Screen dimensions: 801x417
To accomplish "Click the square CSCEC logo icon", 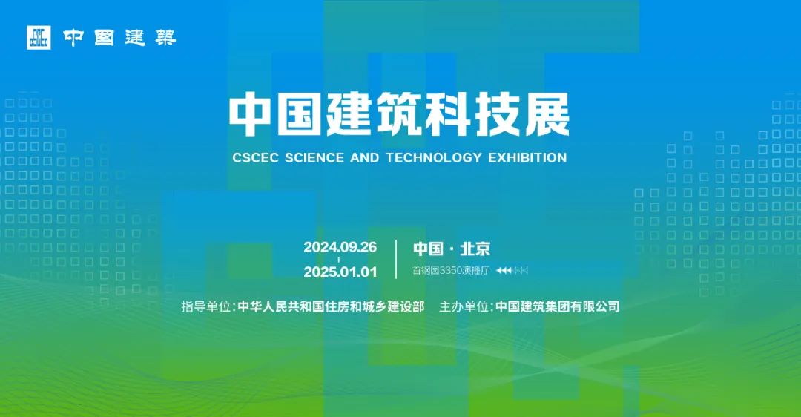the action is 39,37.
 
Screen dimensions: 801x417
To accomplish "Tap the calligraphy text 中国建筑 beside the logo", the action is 119,38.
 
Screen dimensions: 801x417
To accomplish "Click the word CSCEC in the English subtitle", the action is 255,157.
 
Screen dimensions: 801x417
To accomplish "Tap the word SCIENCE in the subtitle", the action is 314,157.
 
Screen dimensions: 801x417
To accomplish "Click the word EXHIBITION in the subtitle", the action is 527,157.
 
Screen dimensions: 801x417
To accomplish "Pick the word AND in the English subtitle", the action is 365,157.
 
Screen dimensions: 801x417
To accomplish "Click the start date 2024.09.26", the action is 340,247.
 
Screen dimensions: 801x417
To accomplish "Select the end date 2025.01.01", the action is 340,272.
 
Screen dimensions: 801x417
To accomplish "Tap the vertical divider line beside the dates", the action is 396,259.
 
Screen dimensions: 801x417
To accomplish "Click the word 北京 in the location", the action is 475,249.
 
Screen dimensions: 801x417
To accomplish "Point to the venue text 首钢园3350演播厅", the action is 451,270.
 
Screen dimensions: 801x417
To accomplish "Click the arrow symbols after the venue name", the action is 512,270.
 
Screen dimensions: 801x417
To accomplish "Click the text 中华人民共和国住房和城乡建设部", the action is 331,306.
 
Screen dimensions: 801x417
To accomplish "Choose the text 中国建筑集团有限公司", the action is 557,306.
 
